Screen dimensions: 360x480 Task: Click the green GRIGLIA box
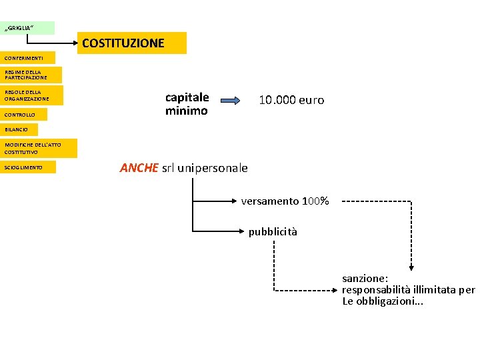tap(27, 28)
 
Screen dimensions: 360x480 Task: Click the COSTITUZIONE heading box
tap(133, 43)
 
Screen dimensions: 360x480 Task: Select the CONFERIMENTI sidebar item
tap(27, 58)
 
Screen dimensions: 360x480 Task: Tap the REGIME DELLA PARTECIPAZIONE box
tap(31, 75)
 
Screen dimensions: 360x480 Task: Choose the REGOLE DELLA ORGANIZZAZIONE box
tap(31, 95)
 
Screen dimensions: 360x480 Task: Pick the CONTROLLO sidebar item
tap(27, 115)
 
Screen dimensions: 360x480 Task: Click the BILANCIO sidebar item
tap(19, 129)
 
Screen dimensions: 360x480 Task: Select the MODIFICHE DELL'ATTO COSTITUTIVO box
tap(39, 148)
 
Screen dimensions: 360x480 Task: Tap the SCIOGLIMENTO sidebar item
tap(27, 167)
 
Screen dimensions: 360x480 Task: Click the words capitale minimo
tap(187, 104)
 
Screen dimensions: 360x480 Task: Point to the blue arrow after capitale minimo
tap(233, 101)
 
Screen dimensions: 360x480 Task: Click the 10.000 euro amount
tap(291, 101)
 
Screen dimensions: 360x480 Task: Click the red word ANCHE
tap(139, 168)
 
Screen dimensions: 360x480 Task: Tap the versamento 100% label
tap(285, 201)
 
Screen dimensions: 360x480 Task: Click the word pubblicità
tap(273, 232)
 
